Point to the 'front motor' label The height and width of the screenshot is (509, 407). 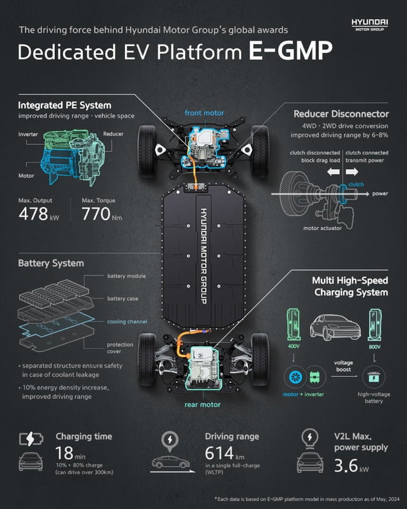point(204,113)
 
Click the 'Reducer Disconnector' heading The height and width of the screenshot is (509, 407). point(341,114)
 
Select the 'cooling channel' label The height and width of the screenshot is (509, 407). point(127,321)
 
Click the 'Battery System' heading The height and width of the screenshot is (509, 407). point(50,263)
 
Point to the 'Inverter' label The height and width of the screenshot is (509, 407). point(29,134)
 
